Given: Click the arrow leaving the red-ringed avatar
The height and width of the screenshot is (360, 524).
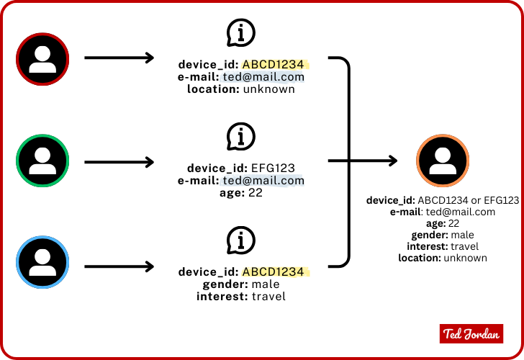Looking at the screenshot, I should coord(119,58).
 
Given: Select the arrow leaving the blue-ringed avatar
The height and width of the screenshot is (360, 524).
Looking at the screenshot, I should coord(119,267).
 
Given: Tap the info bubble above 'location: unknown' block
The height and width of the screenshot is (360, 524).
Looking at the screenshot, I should coord(241,32).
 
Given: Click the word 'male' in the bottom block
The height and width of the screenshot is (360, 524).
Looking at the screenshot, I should coord(266,284).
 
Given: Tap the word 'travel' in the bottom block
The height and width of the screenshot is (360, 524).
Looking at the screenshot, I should coord(268,296).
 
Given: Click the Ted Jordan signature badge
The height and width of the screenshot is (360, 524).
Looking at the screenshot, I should coord(471,333).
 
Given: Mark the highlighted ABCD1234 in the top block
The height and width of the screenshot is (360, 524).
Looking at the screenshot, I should coord(273,64).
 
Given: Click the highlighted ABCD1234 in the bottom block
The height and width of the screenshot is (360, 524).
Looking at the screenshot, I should coord(273,272).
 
